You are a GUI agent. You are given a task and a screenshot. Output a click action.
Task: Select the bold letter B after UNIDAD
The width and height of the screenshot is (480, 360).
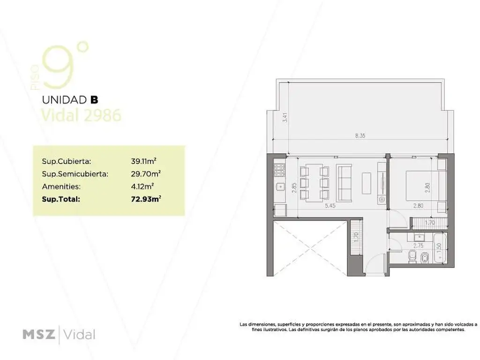pos(94,99)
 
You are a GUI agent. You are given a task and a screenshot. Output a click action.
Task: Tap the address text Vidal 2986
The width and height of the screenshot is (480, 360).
pos(82,115)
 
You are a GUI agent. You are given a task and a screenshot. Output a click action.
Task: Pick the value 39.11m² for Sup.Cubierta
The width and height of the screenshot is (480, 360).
pos(146,161)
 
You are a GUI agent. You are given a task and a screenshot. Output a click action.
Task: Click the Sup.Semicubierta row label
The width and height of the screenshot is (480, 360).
pos(75,174)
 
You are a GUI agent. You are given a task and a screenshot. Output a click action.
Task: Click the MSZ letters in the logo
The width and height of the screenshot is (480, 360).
pos(39,335)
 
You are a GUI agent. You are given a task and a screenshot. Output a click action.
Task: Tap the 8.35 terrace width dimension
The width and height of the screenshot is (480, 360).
pos(360,136)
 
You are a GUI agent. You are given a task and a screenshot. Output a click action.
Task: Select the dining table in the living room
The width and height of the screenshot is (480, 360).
pos(312,181)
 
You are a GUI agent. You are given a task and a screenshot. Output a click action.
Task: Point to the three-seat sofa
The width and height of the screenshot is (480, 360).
pos(347,181)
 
